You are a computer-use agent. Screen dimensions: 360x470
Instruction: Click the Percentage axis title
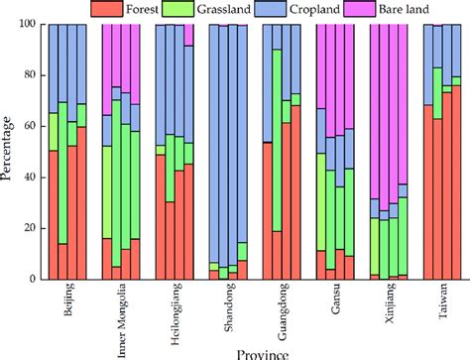tap(9, 151)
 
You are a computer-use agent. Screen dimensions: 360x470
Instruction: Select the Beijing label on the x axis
tap(67, 301)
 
